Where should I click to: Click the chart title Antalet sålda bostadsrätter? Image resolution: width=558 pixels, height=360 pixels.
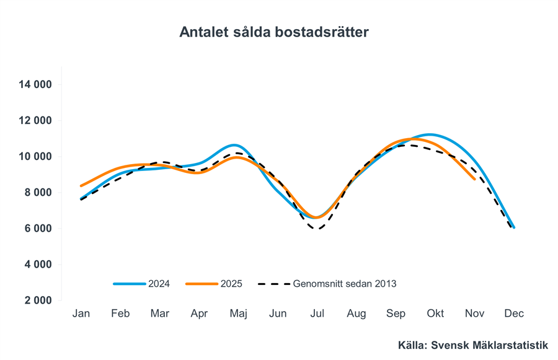pyautogui.click(x=274, y=32)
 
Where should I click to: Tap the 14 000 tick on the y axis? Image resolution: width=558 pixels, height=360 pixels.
pyautogui.click(x=35, y=84)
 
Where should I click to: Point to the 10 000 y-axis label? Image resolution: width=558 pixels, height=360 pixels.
pyautogui.click(x=35, y=156)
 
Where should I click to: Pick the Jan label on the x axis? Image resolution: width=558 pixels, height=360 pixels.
pyautogui.click(x=81, y=314)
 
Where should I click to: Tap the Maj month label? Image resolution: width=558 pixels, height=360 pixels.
pyautogui.click(x=238, y=314)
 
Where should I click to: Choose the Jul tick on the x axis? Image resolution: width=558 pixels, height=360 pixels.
pyautogui.click(x=317, y=314)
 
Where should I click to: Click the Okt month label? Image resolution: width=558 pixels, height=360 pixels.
pyautogui.click(x=435, y=314)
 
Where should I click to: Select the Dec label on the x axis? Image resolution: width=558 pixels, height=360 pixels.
pyautogui.click(x=514, y=314)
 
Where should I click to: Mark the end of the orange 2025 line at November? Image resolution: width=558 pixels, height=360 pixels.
pyautogui.click(x=474, y=179)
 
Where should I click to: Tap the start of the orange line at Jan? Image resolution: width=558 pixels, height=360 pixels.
pyautogui.click(x=81, y=185)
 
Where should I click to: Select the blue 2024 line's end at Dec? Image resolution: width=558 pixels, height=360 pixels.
pyautogui.click(x=514, y=227)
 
